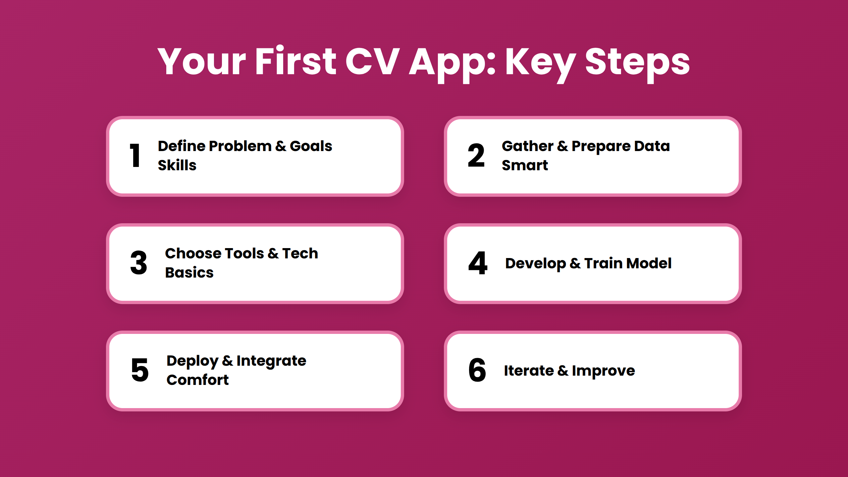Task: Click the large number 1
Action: [x=135, y=155]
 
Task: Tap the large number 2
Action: [x=476, y=155]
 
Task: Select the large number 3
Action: [x=138, y=263]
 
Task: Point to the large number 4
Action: [x=478, y=263]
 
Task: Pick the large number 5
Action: [x=140, y=370]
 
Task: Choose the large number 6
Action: [x=477, y=370]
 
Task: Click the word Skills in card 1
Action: [x=177, y=165]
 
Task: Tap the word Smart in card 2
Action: [x=525, y=165]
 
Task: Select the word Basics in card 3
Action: [x=189, y=272]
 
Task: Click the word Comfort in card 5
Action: [x=197, y=380]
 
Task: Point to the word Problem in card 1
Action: [x=240, y=146]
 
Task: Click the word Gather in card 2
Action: [x=528, y=146]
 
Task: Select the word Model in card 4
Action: [x=649, y=263]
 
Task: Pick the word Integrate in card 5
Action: [x=271, y=361]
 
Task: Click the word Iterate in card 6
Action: [x=529, y=371]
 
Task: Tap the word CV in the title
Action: [x=372, y=61]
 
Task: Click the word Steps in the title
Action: [x=637, y=63]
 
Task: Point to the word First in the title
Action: [x=296, y=60]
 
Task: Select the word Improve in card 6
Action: [x=603, y=371]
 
